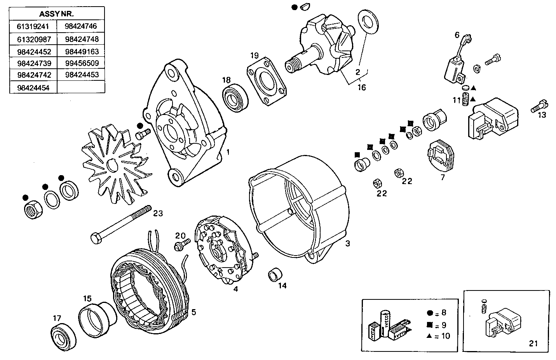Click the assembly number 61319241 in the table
pos(33,27)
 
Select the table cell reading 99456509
pos(82,63)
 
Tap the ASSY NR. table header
pos(57,14)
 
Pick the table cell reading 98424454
pos(33,87)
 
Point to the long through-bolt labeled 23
pos(121,224)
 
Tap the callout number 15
pos(87,298)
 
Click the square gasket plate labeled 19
pos(267,81)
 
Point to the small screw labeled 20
pos(182,245)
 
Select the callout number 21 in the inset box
pos(533,343)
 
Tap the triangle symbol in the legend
pos(429,336)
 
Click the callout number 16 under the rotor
pos(361,87)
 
